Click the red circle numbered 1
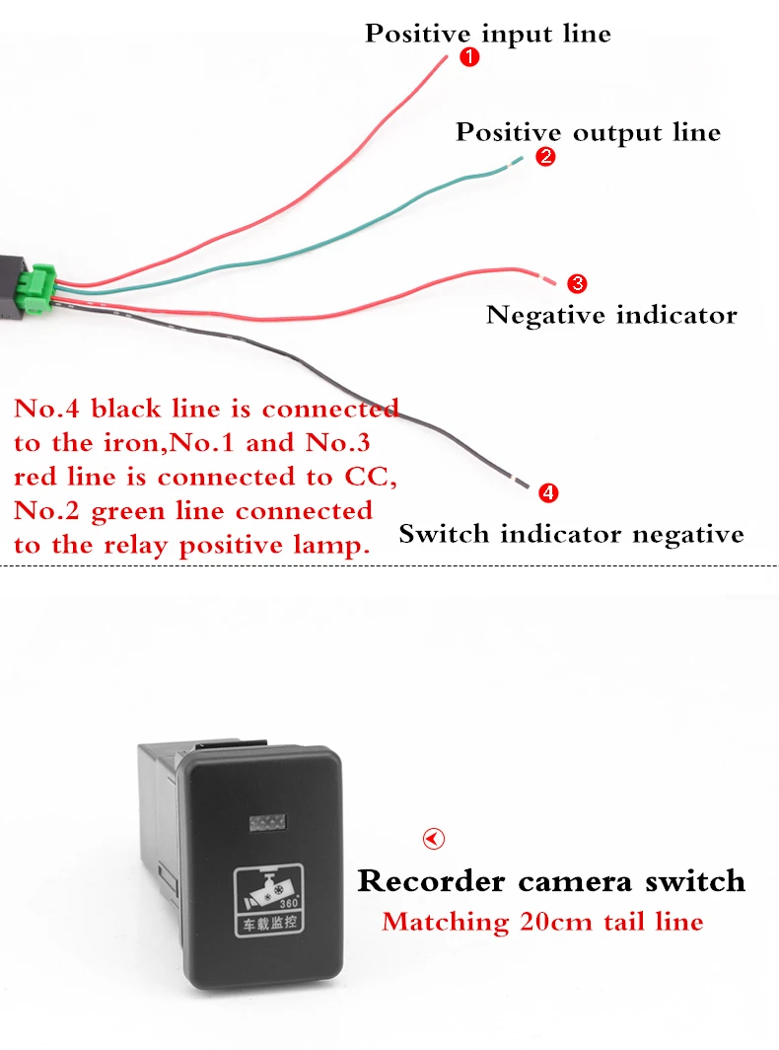[x=469, y=58]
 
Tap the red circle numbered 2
[x=545, y=157]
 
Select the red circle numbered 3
[x=578, y=284]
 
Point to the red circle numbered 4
[x=549, y=491]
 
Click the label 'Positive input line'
[x=488, y=34]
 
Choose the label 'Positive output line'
[x=588, y=132]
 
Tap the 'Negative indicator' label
[x=611, y=316]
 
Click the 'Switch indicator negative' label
[x=571, y=535]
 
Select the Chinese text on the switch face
[x=268, y=925]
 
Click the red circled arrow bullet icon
[x=433, y=839]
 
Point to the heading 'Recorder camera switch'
[x=551, y=880]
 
